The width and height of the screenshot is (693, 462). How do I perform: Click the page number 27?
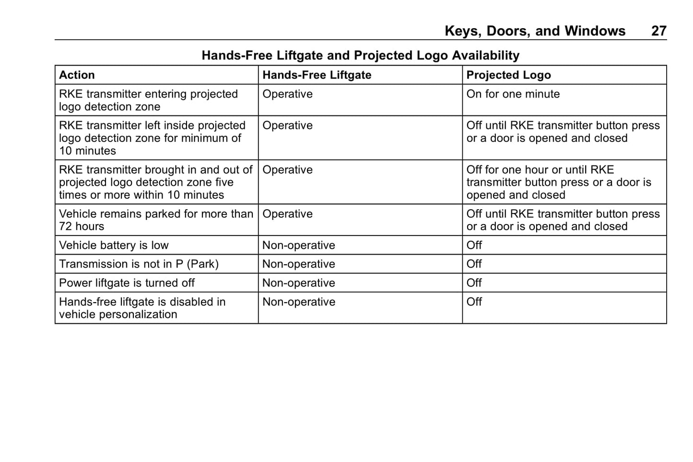(x=658, y=31)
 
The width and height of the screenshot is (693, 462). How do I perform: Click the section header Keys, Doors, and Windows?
(x=535, y=31)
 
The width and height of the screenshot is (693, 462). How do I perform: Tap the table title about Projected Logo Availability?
(x=360, y=56)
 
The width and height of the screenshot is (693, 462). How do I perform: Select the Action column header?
(x=77, y=75)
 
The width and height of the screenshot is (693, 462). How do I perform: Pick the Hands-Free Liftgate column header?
(x=317, y=75)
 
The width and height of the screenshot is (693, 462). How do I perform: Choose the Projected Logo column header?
(x=508, y=75)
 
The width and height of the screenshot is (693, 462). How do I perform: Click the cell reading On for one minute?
(x=513, y=94)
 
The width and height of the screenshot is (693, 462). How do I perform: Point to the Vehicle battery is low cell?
(x=114, y=246)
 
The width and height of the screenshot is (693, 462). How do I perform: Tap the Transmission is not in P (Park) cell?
(x=139, y=264)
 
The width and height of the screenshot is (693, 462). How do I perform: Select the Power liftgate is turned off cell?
(x=127, y=283)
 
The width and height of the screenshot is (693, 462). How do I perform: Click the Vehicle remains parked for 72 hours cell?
(x=156, y=220)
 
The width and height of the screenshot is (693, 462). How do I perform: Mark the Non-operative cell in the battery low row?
(x=298, y=246)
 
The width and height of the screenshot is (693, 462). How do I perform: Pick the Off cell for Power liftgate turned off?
(x=474, y=283)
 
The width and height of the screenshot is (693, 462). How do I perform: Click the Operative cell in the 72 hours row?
(x=287, y=214)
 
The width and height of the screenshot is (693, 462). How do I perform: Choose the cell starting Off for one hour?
(x=559, y=182)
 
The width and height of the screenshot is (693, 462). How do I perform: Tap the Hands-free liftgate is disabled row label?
(x=142, y=308)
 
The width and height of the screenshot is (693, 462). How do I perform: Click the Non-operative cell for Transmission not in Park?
(x=298, y=264)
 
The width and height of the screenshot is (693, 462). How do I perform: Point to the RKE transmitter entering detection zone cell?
(x=148, y=101)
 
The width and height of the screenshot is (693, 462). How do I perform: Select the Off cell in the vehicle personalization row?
(x=474, y=302)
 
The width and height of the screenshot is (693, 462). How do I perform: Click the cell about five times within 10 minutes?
(x=155, y=182)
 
